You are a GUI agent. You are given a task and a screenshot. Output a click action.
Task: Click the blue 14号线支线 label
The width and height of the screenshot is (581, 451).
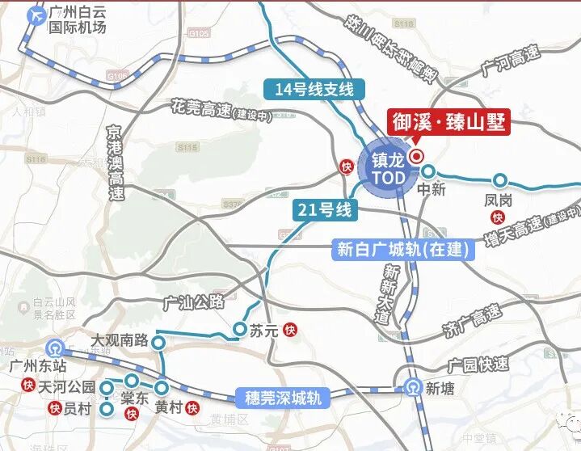coord(314,90)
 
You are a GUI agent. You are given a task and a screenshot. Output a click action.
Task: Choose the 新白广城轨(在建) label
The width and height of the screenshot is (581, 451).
coord(402,250)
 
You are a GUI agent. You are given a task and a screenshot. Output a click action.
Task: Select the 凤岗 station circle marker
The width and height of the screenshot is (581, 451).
coord(500,180)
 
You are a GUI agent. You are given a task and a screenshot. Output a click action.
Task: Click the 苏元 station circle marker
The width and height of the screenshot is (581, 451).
coord(240,329)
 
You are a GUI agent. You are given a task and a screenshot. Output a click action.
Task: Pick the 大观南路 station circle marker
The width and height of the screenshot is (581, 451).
coord(159,342)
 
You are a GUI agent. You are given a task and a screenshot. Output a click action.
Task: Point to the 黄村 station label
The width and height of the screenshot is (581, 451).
coord(168,407)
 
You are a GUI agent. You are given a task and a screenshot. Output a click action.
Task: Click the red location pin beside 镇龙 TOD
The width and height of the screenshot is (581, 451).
coord(417,156)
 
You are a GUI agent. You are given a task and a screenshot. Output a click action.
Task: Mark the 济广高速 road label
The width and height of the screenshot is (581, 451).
coord(473,319)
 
